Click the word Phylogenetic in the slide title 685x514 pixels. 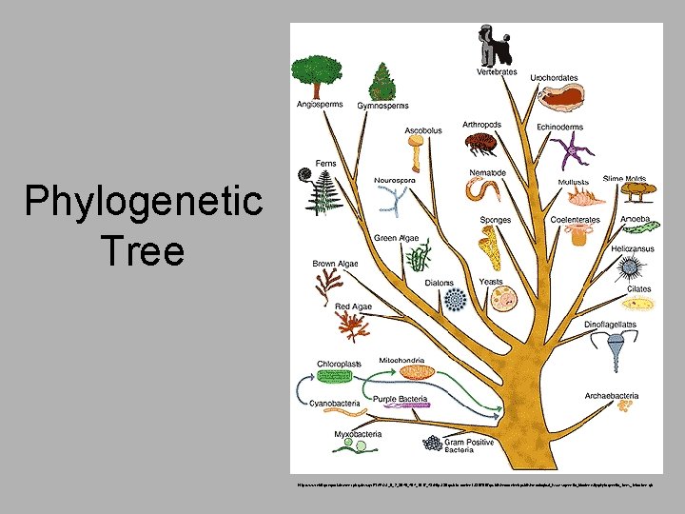point(144,202)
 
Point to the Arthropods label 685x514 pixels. point(482,124)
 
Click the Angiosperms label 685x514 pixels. point(320,104)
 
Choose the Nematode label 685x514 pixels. point(487,172)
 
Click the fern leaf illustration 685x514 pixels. point(321,195)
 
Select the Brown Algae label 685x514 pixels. point(335,264)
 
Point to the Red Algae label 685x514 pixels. point(353,306)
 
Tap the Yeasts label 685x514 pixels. point(491,282)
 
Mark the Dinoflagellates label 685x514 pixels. point(610,325)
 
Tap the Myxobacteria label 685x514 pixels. point(358,434)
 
